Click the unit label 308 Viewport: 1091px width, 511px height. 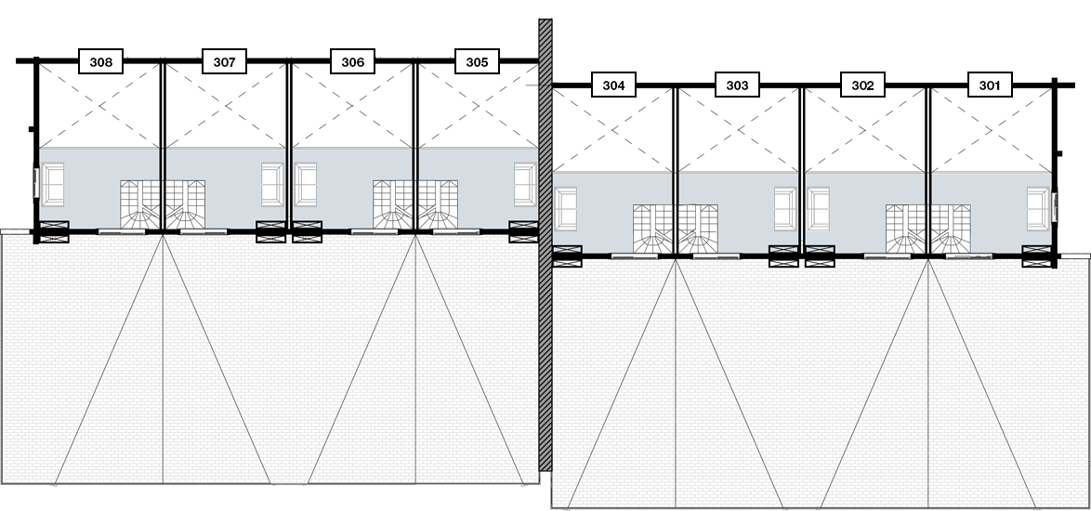pyautogui.click(x=101, y=63)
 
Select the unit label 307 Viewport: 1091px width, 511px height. pyautogui.click(x=224, y=63)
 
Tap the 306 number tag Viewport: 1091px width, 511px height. pyautogui.click(x=352, y=63)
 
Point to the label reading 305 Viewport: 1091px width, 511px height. pyautogui.click(x=477, y=63)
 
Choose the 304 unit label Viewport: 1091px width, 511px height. pyautogui.click(x=613, y=86)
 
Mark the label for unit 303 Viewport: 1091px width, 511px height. pyautogui.click(x=737, y=86)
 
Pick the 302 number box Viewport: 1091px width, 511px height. pyautogui.click(x=862, y=86)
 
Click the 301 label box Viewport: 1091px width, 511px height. pyautogui.click(x=990, y=86)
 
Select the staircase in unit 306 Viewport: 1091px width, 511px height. pyautogui.click(x=393, y=204)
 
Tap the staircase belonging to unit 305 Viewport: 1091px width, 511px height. pyautogui.click(x=438, y=204)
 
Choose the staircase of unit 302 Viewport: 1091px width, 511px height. pyautogui.click(x=906, y=229)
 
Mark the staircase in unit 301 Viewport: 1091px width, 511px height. pyautogui.click(x=951, y=229)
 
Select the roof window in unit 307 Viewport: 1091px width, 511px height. pyautogui.click(x=272, y=184)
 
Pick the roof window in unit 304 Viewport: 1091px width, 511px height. pyautogui.click(x=566, y=208)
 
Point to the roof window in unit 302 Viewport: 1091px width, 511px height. pyautogui.click(x=819, y=208)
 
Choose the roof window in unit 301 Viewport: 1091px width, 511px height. pyautogui.click(x=1038, y=208)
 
